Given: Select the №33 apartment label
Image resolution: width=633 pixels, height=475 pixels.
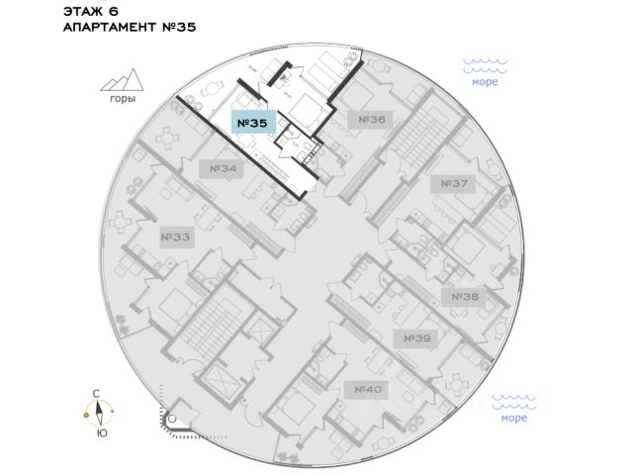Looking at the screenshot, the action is [x=175, y=237].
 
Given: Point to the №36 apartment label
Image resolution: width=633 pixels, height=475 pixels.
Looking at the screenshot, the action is [x=371, y=120].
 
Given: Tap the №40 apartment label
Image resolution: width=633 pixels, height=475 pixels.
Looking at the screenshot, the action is [x=369, y=389].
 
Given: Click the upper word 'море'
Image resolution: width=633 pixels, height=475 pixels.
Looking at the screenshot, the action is [x=485, y=83].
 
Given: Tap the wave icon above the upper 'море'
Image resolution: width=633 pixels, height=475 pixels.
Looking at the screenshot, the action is [x=485, y=65].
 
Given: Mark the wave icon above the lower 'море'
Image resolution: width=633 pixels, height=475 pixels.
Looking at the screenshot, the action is [x=513, y=401].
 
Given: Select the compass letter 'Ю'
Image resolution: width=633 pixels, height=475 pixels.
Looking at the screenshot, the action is [x=100, y=433].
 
